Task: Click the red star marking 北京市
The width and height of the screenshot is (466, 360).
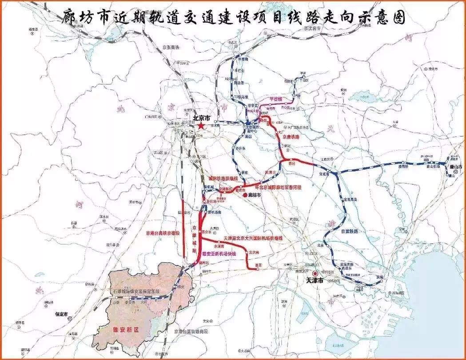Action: pyautogui.click(x=201, y=126)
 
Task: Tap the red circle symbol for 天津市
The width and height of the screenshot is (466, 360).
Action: pyautogui.click(x=315, y=274)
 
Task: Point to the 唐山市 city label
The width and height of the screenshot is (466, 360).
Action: pyautogui.click(x=455, y=167)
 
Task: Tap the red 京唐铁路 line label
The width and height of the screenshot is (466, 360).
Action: pyautogui.click(x=291, y=137)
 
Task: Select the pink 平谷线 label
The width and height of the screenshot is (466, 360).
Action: pyautogui.click(x=276, y=99)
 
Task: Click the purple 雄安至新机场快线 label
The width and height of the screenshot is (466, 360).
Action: pyautogui.click(x=219, y=253)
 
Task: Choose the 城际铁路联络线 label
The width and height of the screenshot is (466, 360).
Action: pyautogui.click(x=223, y=178)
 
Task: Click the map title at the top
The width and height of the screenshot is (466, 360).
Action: pyautogui.click(x=232, y=18)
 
